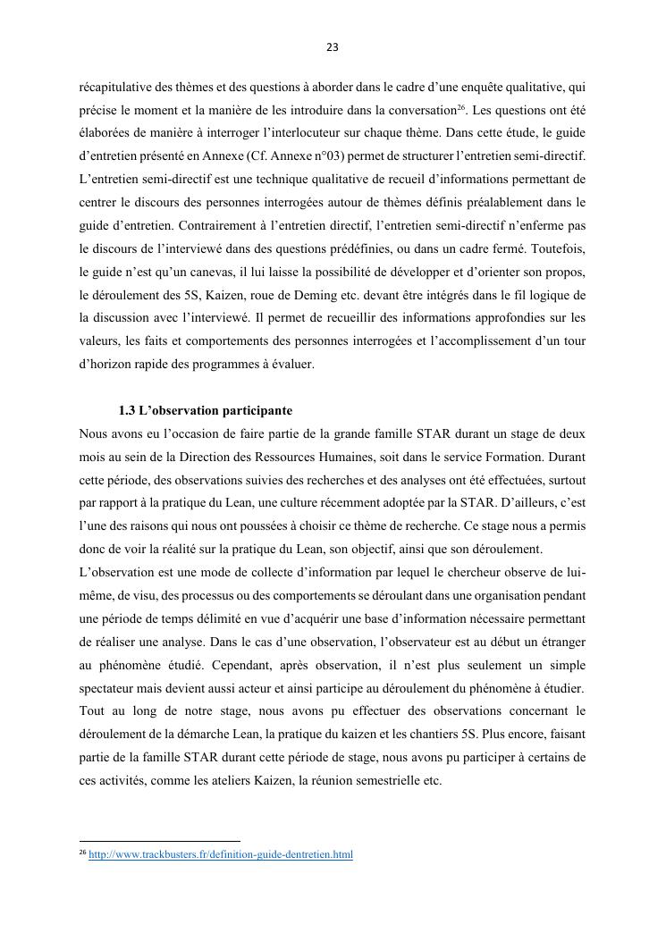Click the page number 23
(333, 47)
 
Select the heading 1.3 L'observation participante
(205, 411)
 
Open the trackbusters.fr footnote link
(221, 855)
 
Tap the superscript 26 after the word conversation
(461, 108)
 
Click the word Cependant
(237, 666)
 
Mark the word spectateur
(110, 689)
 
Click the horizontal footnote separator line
(160, 840)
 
